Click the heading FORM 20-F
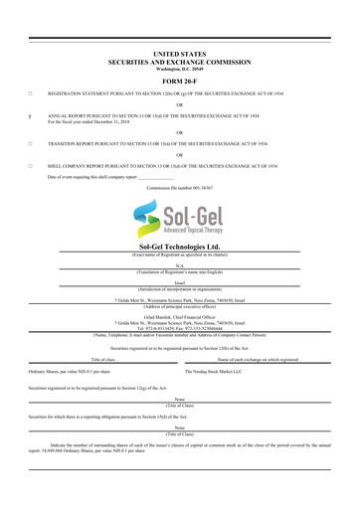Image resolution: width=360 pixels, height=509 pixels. pos(179,82)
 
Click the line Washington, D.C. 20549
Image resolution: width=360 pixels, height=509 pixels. pos(179,67)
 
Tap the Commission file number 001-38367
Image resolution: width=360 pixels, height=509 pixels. pos(179,187)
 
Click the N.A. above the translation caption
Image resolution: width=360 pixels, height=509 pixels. pos(180,265)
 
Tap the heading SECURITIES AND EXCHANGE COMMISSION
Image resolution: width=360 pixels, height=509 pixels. pos(179,58)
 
